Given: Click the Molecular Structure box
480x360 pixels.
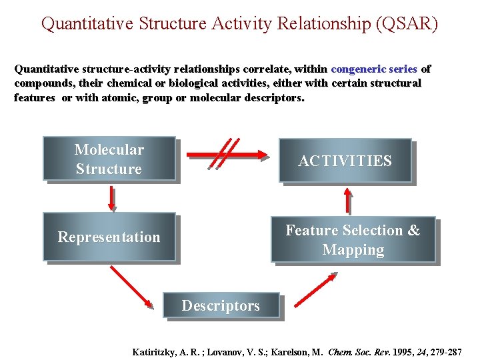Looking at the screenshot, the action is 109,159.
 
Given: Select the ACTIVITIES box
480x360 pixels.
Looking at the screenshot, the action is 345,161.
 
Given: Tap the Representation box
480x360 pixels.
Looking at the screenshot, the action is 109,237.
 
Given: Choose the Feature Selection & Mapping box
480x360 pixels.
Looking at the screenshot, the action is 353,239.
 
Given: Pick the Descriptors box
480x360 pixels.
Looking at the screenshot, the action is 221,306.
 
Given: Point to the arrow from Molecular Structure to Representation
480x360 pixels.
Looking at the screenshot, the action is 111,197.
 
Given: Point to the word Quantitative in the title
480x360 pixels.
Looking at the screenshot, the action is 87,24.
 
